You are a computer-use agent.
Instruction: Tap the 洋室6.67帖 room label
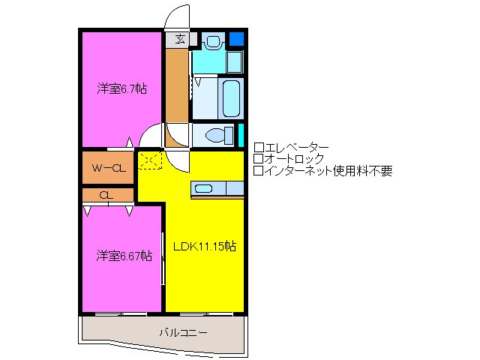click(124, 256)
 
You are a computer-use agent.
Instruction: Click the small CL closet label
click(106, 195)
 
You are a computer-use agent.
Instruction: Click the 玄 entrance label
click(181, 39)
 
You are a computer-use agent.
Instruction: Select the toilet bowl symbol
click(218, 136)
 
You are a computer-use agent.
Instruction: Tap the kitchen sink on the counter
click(203, 187)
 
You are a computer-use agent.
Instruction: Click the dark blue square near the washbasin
click(237, 38)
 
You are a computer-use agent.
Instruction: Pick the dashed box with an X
click(149, 160)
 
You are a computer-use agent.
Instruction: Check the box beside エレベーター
click(258, 147)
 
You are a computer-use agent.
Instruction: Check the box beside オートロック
click(258, 159)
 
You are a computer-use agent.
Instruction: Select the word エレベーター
click(296, 147)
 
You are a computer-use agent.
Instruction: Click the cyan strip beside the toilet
click(241, 135)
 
